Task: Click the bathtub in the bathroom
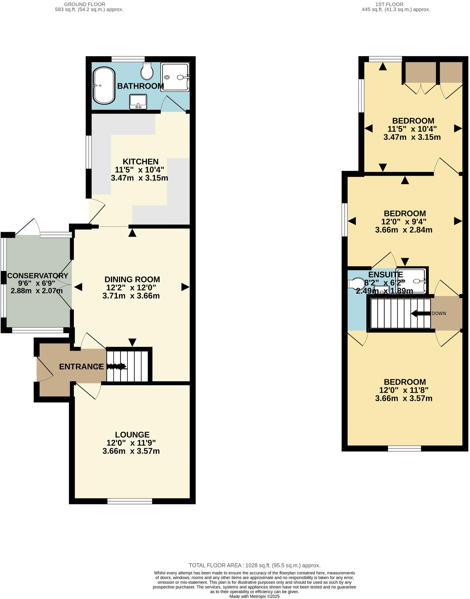104,86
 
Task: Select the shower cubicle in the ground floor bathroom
175,77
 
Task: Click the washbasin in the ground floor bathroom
138,101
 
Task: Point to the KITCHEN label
141,161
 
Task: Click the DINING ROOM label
132,279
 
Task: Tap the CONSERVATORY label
38,276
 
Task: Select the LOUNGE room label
132,435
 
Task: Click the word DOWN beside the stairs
439,313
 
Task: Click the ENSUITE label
385,275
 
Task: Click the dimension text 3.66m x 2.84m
403,230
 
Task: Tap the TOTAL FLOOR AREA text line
254,565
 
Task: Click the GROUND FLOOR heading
89,4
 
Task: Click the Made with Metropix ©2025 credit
254,596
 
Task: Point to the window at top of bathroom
128,58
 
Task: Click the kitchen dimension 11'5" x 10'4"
139,170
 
